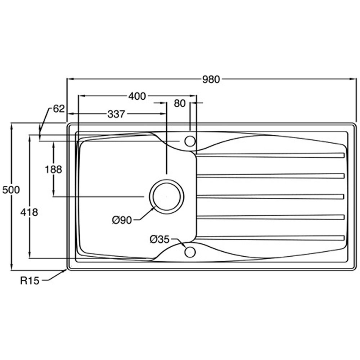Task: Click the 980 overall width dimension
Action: click(211, 80)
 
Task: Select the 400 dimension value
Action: click(137, 96)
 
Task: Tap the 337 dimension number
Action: click(116, 114)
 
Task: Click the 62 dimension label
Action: click(58, 108)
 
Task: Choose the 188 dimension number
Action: click(54, 169)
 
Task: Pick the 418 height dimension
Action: click(29, 212)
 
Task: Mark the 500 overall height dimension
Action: click(11, 190)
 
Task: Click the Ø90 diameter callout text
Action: click(122, 220)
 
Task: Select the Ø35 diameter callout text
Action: click(159, 239)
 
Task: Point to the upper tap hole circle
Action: click(190, 141)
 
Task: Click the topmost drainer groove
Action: click(270, 156)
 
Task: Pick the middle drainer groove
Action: click(270, 197)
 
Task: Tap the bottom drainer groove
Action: click(270, 238)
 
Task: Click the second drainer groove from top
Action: click(270, 176)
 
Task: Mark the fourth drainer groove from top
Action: click(270, 217)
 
